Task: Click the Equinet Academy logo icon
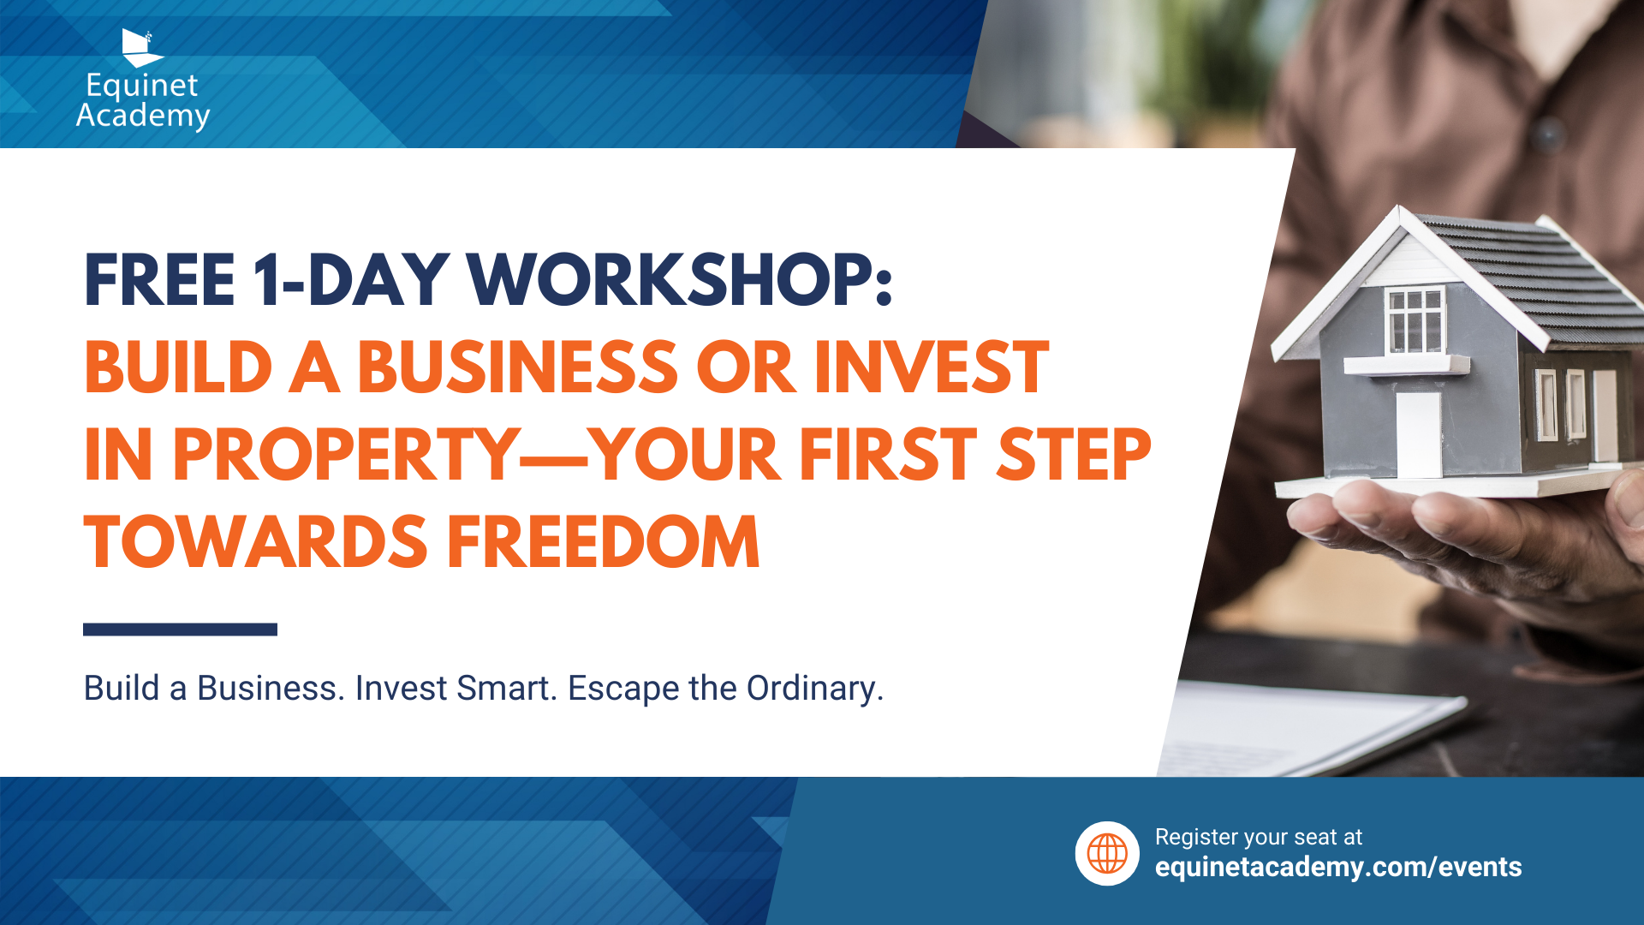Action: pyautogui.click(x=140, y=48)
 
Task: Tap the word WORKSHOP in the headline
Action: pyautogui.click(x=680, y=280)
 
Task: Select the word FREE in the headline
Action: pyautogui.click(x=159, y=280)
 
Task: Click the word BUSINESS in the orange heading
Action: pyautogui.click(x=518, y=367)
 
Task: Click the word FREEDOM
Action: pyautogui.click(x=604, y=542)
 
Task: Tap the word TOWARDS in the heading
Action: pyautogui.click(x=255, y=542)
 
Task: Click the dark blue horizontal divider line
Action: pyautogui.click(x=180, y=630)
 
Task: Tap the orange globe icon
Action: pyautogui.click(x=1107, y=854)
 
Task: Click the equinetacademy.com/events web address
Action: pyautogui.click(x=1338, y=867)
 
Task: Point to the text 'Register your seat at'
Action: pyautogui.click(x=1258, y=837)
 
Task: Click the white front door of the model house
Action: pyautogui.click(x=1419, y=435)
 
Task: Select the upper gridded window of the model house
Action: pyautogui.click(x=1415, y=320)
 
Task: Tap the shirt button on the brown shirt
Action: pyautogui.click(x=1547, y=134)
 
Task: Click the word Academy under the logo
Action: pyautogui.click(x=143, y=116)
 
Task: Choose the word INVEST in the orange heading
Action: pyautogui.click(x=932, y=367)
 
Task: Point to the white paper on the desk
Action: pyautogui.click(x=1310, y=728)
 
